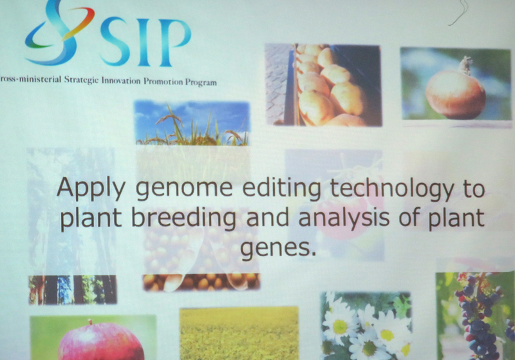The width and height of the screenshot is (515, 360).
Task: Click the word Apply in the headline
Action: pos(91,189)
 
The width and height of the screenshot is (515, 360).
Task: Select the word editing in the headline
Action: pos(281,189)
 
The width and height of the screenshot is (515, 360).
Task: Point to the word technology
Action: pos(391,189)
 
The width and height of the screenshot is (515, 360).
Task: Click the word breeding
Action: pos(184,218)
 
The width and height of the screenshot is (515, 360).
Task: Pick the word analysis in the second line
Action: pos(344,218)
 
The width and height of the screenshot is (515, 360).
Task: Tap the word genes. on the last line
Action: pos(278,249)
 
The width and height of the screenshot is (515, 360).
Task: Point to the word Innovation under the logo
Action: pos(120,81)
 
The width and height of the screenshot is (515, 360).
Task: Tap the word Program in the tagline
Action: pos(201,82)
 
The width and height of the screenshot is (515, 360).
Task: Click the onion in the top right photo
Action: pos(455,92)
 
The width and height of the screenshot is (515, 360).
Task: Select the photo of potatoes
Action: pos(323,85)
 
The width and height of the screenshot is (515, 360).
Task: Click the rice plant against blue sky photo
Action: pos(192,123)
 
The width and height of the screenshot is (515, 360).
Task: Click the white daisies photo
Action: pos(366,325)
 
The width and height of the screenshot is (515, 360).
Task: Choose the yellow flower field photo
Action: pos(239,334)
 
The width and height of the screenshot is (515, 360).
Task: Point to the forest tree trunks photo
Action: pos(73,290)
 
